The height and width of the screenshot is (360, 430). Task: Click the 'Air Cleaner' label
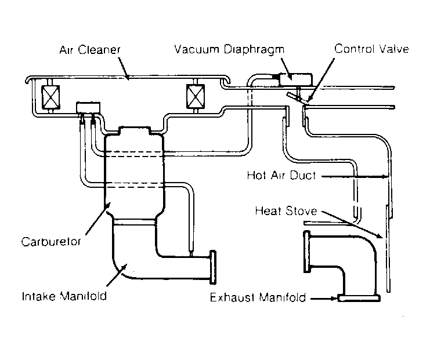(x=90, y=50)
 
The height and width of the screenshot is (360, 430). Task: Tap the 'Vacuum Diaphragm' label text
(x=229, y=50)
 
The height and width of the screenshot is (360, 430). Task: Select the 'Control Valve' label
(x=371, y=49)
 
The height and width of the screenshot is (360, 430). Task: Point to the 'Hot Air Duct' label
(x=281, y=175)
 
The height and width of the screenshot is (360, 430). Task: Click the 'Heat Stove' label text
(x=286, y=211)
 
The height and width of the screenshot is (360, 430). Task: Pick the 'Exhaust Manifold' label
(x=258, y=297)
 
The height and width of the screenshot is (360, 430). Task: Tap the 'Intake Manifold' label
(x=64, y=296)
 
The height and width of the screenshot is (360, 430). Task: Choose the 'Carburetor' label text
(x=51, y=242)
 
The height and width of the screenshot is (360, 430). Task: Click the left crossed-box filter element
(x=50, y=97)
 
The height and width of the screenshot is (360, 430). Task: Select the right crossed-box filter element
(x=195, y=96)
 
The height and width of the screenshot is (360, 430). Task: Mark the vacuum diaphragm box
(x=295, y=79)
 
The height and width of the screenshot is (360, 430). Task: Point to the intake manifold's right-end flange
(x=213, y=267)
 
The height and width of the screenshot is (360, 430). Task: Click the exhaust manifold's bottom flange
(x=359, y=298)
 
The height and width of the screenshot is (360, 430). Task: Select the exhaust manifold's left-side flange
(x=307, y=252)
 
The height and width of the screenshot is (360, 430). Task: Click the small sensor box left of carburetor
(x=88, y=107)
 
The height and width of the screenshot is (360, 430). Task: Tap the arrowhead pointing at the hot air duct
(x=385, y=177)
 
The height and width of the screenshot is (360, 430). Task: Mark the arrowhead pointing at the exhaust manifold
(x=334, y=298)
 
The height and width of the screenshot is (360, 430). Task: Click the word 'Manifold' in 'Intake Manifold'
(x=83, y=296)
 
